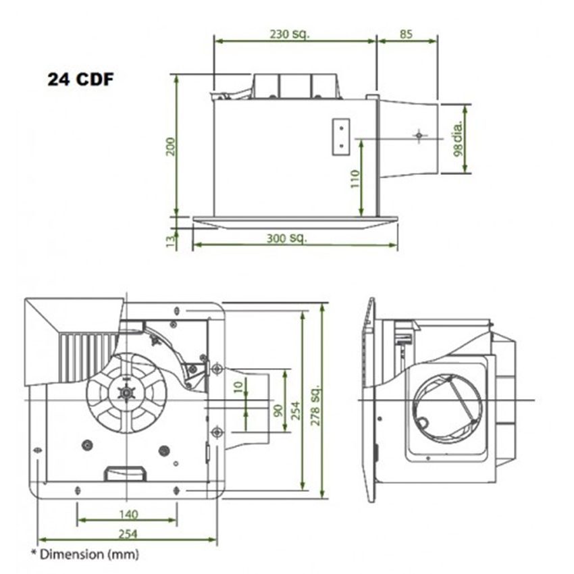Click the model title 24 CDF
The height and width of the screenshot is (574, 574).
point(80,79)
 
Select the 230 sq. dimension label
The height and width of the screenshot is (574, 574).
point(290,33)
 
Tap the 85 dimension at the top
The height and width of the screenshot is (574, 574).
point(406,33)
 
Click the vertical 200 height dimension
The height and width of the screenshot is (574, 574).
point(170,147)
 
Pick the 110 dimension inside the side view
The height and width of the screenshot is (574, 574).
point(356,178)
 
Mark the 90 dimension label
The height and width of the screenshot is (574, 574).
point(278,409)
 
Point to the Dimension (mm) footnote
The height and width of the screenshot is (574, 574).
point(85,554)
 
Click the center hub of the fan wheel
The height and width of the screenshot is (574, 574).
point(125,392)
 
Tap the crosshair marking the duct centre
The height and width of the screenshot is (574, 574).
point(420,136)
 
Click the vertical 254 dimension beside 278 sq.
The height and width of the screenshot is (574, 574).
point(294,405)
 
